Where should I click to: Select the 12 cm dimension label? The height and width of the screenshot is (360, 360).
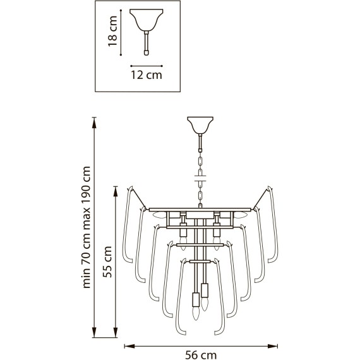pos(146,75)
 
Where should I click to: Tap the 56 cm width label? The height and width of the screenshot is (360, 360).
pos(201,355)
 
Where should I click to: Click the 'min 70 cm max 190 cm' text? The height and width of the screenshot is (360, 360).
pos(87,228)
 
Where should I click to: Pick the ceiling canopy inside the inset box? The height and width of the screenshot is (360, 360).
pos(146,19)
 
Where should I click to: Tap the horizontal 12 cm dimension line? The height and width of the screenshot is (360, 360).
pos(146,64)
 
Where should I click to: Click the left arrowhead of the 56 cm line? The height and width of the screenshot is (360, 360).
pos(126,345)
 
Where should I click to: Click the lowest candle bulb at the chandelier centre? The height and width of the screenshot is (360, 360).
pos(196,312)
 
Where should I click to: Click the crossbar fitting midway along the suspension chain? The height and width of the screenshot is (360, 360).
pos(200,181)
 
